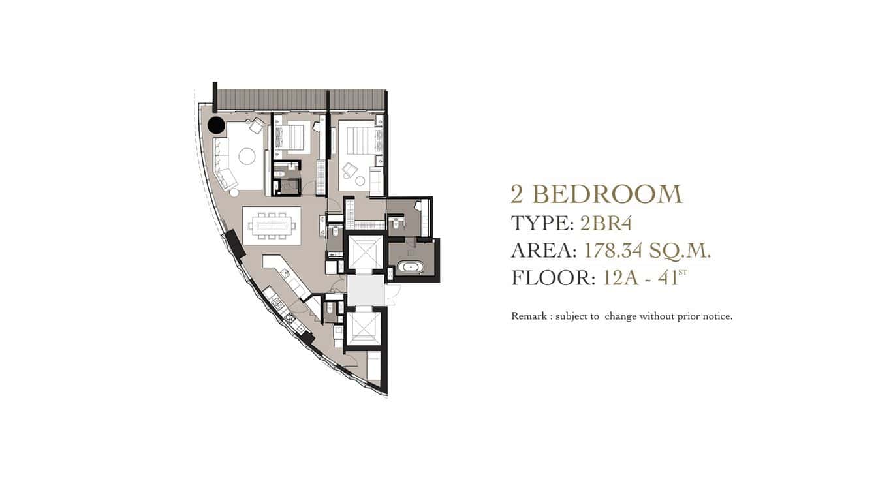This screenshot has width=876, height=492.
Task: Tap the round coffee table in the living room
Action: tap(247, 156)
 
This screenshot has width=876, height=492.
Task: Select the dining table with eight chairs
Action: tap(272, 226)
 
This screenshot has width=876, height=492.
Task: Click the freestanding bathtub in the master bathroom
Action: tap(411, 268)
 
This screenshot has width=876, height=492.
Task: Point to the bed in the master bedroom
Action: tap(360, 140)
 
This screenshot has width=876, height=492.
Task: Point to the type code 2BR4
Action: tap(606, 223)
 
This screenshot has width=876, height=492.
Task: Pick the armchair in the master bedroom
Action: tap(350, 171)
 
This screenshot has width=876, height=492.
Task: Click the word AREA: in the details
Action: tap(544, 251)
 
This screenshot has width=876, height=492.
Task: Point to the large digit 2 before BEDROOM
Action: tap(519, 194)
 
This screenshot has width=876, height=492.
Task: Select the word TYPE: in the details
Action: tap(542, 223)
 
